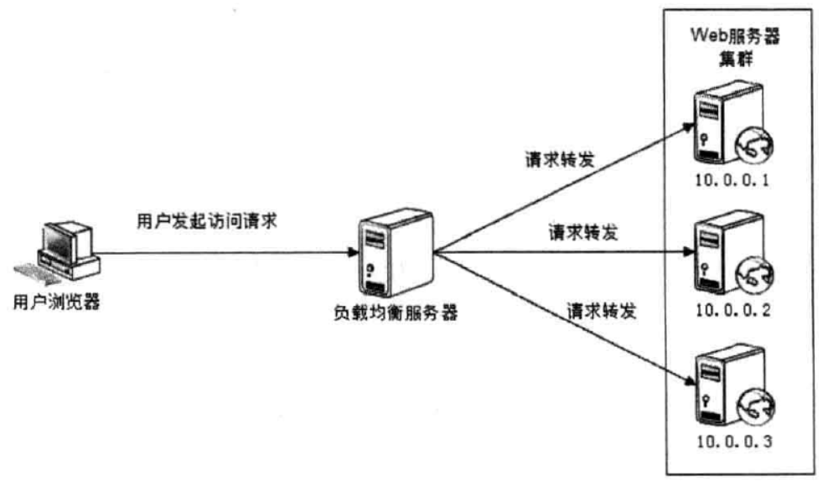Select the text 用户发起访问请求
point(206,221)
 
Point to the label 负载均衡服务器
point(395,316)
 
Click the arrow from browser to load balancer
point(226,252)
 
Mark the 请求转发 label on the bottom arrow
point(602,311)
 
